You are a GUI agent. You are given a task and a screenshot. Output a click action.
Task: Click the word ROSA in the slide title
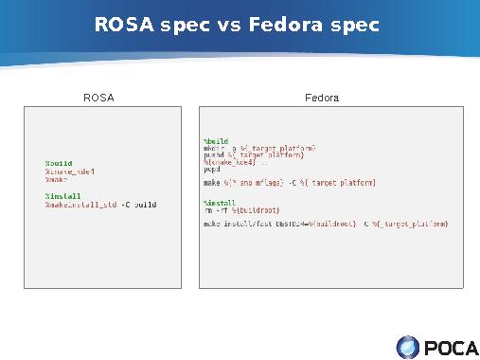click(x=125, y=24)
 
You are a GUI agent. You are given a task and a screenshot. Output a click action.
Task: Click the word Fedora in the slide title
click(x=287, y=24)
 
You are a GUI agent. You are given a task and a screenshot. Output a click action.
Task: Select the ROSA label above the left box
click(x=98, y=98)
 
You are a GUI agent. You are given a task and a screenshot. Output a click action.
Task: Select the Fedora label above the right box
click(x=322, y=98)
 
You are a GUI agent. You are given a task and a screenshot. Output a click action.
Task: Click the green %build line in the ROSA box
click(x=59, y=163)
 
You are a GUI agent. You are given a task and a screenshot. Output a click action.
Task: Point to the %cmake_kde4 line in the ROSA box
click(x=70, y=171)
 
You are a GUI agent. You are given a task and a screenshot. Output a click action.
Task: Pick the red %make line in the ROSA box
click(x=57, y=179)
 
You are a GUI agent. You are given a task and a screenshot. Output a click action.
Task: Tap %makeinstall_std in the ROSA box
click(x=80, y=204)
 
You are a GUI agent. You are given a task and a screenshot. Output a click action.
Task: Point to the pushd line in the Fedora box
click(x=253, y=155)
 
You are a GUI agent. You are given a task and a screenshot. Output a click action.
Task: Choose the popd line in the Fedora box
click(x=212, y=169)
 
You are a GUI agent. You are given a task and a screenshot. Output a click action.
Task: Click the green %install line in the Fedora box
click(x=220, y=203)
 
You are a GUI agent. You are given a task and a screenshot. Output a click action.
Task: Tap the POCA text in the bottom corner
click(x=451, y=348)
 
